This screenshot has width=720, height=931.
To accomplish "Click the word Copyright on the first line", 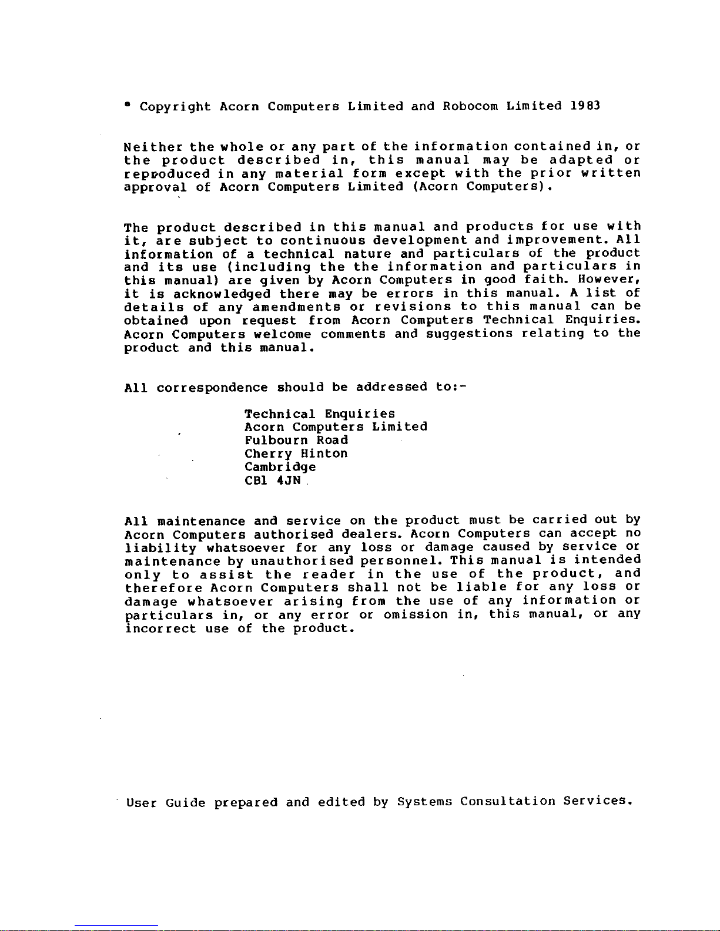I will [x=175, y=107].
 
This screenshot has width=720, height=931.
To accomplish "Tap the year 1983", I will [x=585, y=106].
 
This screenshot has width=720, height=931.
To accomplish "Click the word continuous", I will [x=323, y=240].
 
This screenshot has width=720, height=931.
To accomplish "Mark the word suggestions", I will [x=469, y=334].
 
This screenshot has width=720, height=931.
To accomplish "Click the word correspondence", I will [x=212, y=388].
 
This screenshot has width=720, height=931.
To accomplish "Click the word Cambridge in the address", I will [x=280, y=468].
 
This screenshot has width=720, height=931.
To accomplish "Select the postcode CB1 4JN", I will [x=273, y=480].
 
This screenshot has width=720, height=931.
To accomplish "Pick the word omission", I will [x=416, y=614].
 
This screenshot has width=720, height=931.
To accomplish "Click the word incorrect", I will [x=160, y=628].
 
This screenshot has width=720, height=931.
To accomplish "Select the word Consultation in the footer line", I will [x=507, y=801].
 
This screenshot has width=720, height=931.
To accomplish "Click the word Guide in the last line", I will [x=185, y=802].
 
